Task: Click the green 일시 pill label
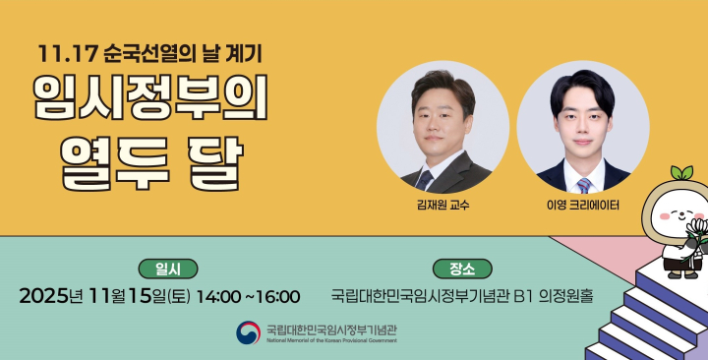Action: [x=168, y=268]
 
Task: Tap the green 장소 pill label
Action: [x=461, y=268]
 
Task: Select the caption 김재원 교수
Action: [x=443, y=206]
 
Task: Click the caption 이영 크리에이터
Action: [x=583, y=206]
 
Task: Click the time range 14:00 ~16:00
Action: [x=249, y=295]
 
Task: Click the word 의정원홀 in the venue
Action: [x=567, y=295]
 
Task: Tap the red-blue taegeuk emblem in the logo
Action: [x=248, y=332]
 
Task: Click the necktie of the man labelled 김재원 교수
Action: [x=425, y=179]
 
